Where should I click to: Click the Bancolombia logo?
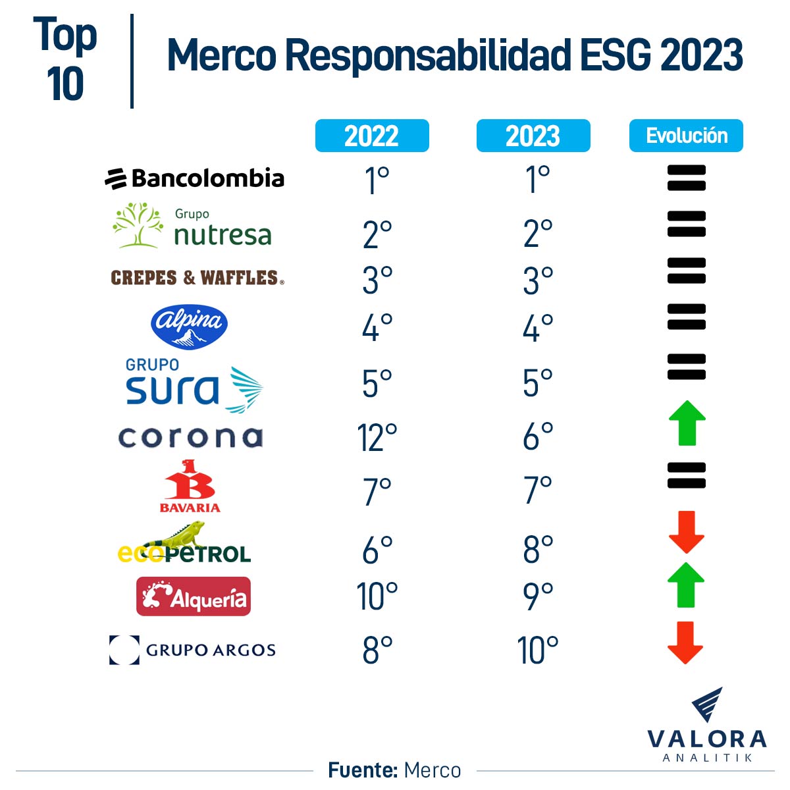point(195,178)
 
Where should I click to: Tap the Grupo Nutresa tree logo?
point(138,225)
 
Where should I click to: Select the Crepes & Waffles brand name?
point(197,278)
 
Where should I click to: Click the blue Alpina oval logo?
point(190,327)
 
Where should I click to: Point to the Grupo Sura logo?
point(194,385)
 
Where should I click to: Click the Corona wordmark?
point(190,438)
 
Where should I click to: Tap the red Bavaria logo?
point(190,486)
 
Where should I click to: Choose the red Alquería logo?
point(194,596)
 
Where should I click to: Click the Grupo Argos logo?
point(192,650)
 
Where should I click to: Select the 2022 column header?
point(372,136)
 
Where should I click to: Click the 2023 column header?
point(533,136)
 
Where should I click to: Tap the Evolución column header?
point(686,136)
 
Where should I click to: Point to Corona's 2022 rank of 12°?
point(377,438)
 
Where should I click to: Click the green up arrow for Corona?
point(687,423)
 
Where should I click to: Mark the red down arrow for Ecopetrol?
point(687,532)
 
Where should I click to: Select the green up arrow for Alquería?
point(686,585)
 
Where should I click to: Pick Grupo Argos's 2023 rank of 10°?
point(538,650)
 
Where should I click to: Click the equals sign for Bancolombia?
point(687,178)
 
